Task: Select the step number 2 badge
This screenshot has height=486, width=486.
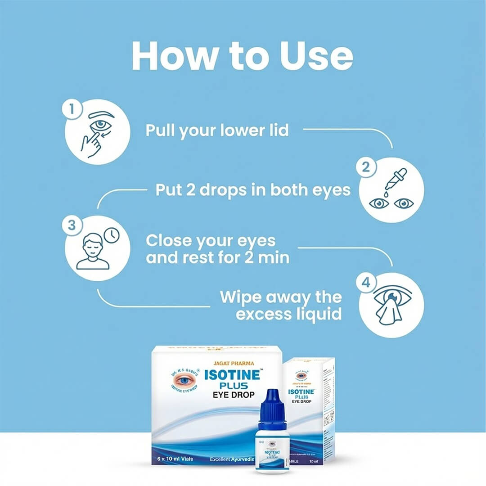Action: [366, 167]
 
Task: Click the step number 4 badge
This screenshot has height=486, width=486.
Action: [366, 283]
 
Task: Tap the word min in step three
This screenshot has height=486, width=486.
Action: [273, 258]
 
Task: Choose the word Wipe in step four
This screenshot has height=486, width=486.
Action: [241, 297]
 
